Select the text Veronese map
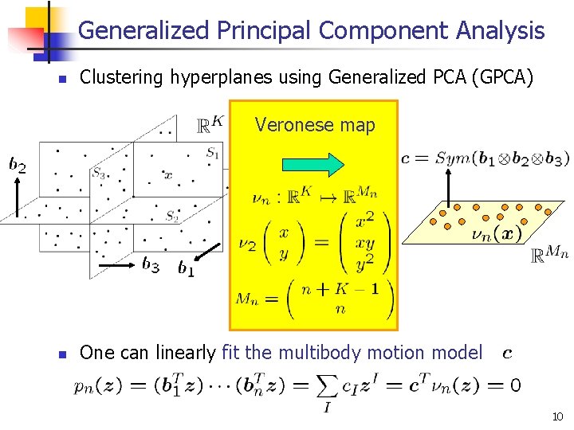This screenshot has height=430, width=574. pos(314,125)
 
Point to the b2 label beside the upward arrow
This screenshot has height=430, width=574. pos(17,166)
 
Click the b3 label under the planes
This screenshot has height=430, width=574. pos(151,264)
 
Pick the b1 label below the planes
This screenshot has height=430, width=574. pos(186,270)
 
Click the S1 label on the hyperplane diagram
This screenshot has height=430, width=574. pos(212,153)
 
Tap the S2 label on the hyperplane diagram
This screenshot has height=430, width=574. pos(172,215)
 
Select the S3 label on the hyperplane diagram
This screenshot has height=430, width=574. pos(98,172)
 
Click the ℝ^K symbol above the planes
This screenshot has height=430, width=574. pos(209,126)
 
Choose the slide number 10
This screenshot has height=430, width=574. pos(556,416)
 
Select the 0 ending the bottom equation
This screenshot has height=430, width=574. pos(516,386)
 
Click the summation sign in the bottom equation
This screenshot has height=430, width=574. pos(328,386)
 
